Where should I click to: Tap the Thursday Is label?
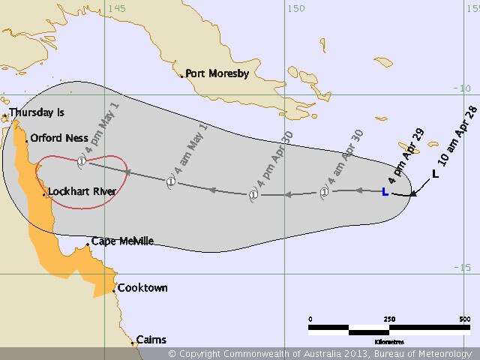coord(37,112)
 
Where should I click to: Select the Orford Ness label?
coord(59,139)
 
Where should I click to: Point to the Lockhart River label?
coord(82,192)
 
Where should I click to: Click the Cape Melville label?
coord(122,241)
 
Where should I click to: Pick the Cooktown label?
coord(143,288)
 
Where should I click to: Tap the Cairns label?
coord(151,340)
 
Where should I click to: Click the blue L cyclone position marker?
coord(385,192)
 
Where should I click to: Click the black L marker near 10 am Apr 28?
coord(435,174)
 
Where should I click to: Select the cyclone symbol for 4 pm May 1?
coord(82,160)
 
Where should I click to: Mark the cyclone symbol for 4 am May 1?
coord(171,181)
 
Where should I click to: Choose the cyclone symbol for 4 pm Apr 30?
coord(253,195)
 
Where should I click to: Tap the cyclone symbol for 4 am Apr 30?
coord(324,192)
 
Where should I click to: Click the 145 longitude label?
coord(116,8)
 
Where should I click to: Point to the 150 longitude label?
coord(296,8)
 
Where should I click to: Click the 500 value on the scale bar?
coord(466,319)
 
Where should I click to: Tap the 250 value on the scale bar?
coord(389,319)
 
